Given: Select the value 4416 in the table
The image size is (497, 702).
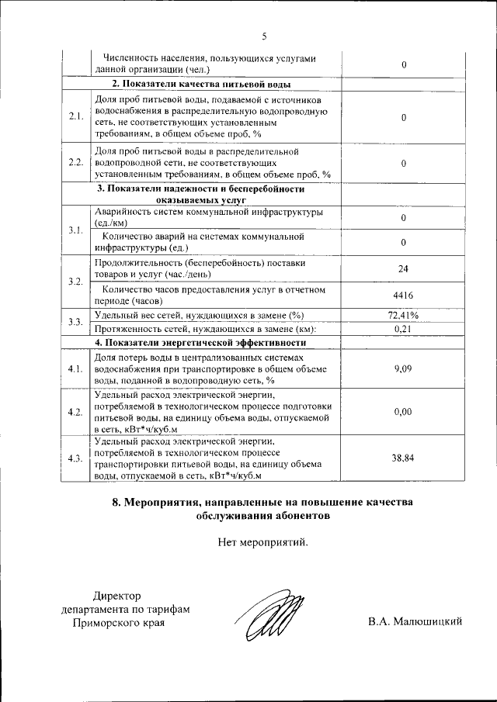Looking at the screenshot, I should (x=403, y=295).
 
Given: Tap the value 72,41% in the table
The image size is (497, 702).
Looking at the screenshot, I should (x=403, y=315).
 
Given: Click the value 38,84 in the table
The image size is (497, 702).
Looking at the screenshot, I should (x=403, y=458).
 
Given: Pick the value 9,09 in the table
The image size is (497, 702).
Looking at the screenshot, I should (x=403, y=368).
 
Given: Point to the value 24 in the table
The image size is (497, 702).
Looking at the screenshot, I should (x=403, y=268).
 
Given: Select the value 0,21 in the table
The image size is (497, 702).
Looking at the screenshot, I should (x=403, y=328).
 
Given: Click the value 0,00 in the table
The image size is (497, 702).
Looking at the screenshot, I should (x=403, y=411).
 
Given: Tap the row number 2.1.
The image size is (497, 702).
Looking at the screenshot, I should (x=75, y=116).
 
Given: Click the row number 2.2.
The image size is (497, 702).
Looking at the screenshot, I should (x=75, y=163).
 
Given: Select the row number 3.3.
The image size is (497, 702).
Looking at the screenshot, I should (x=75, y=321).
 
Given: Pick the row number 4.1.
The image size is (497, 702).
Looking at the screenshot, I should (x=75, y=368).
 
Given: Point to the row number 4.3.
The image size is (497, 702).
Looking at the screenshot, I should (x=75, y=458).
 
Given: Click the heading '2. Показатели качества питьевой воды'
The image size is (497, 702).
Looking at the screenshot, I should (x=202, y=83).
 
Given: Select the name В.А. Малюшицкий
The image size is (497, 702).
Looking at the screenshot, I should (x=416, y=621).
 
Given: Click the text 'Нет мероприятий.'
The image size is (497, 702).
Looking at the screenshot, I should (x=263, y=541).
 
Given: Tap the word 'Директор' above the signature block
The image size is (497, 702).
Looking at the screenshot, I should (x=117, y=596).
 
